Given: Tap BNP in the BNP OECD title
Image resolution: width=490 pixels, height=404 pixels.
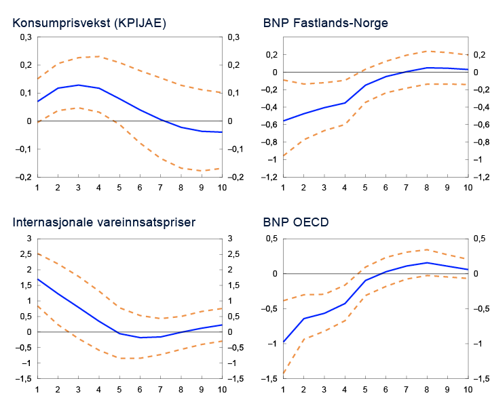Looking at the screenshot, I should (275, 222).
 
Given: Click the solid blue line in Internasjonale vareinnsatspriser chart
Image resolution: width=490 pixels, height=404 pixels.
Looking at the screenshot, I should (99, 321).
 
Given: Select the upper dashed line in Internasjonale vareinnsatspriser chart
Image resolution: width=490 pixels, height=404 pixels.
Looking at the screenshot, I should (99, 292).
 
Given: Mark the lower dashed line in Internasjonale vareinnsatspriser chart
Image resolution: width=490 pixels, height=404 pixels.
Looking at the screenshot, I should (99, 349).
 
